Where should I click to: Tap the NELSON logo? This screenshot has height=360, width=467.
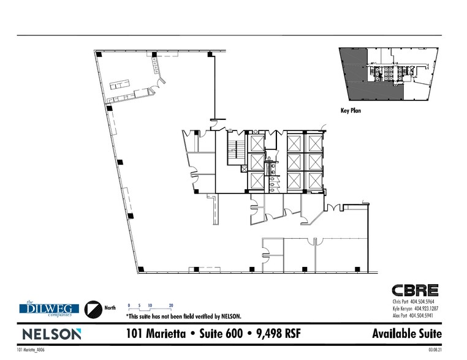(x=52, y=334)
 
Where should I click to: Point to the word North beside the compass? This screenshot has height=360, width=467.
(x=110, y=308)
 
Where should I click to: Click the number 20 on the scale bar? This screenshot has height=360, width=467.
(x=171, y=304)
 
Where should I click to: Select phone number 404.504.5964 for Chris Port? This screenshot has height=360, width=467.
(x=425, y=302)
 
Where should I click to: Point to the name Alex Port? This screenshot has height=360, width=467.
(x=401, y=316)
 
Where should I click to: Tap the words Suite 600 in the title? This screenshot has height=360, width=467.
(x=220, y=334)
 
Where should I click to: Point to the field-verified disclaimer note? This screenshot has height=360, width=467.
(x=183, y=317)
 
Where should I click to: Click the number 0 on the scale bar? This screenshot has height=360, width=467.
(x=129, y=304)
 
